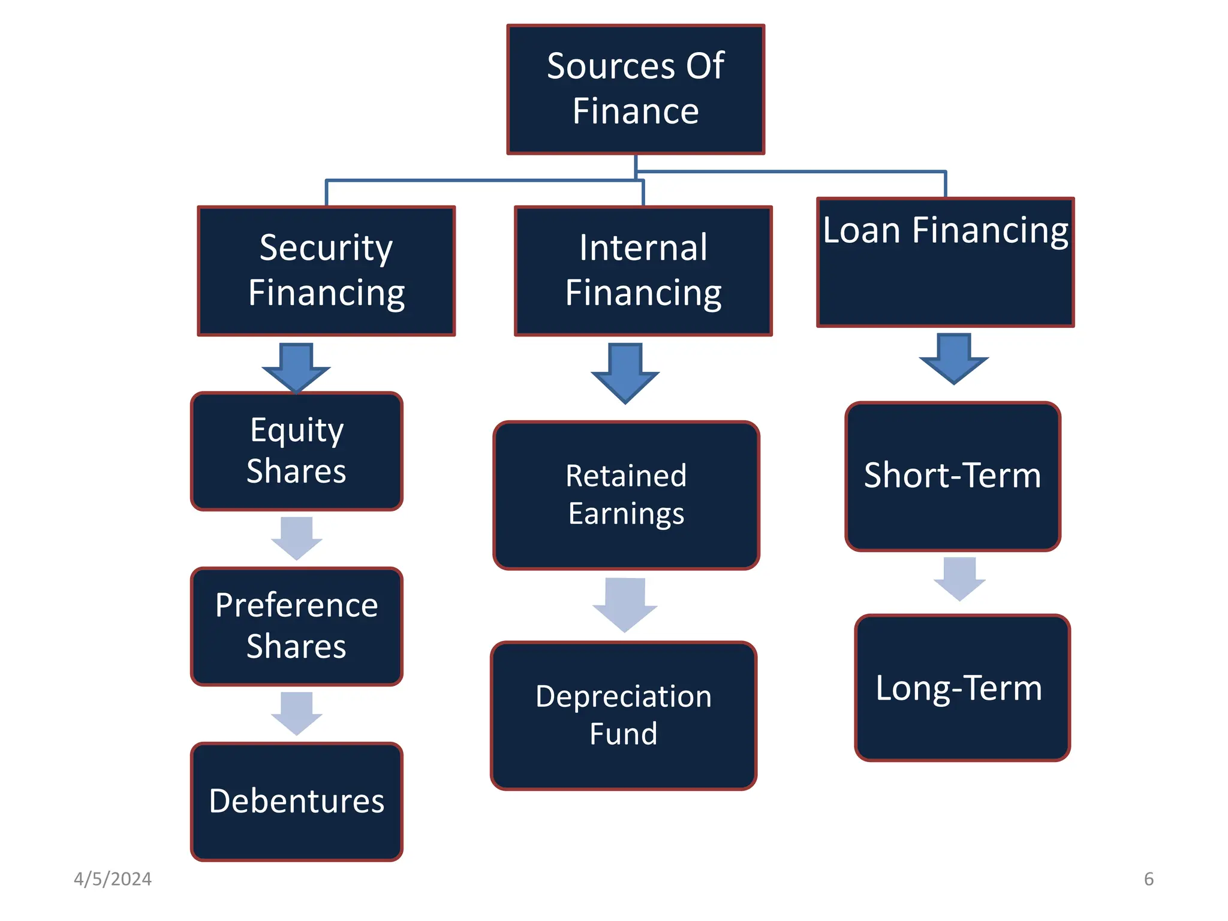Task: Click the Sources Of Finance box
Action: click(x=636, y=89)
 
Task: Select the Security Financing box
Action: click(x=326, y=271)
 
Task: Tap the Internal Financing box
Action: click(x=643, y=271)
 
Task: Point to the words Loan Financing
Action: click(x=945, y=230)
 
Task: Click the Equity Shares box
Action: click(x=296, y=451)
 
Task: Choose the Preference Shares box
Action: click(x=296, y=626)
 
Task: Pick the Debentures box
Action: click(x=296, y=801)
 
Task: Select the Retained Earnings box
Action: click(x=626, y=495)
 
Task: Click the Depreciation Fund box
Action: click(x=624, y=715)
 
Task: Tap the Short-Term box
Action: click(x=952, y=476)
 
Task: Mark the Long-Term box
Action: click(x=962, y=688)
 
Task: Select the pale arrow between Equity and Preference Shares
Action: click(x=296, y=537)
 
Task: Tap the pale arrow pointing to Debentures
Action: click(x=296, y=712)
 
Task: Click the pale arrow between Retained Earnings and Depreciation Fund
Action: click(x=625, y=603)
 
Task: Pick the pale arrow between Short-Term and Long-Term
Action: click(x=959, y=577)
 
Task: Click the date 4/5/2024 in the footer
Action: click(x=112, y=879)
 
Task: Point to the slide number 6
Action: click(x=1148, y=879)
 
